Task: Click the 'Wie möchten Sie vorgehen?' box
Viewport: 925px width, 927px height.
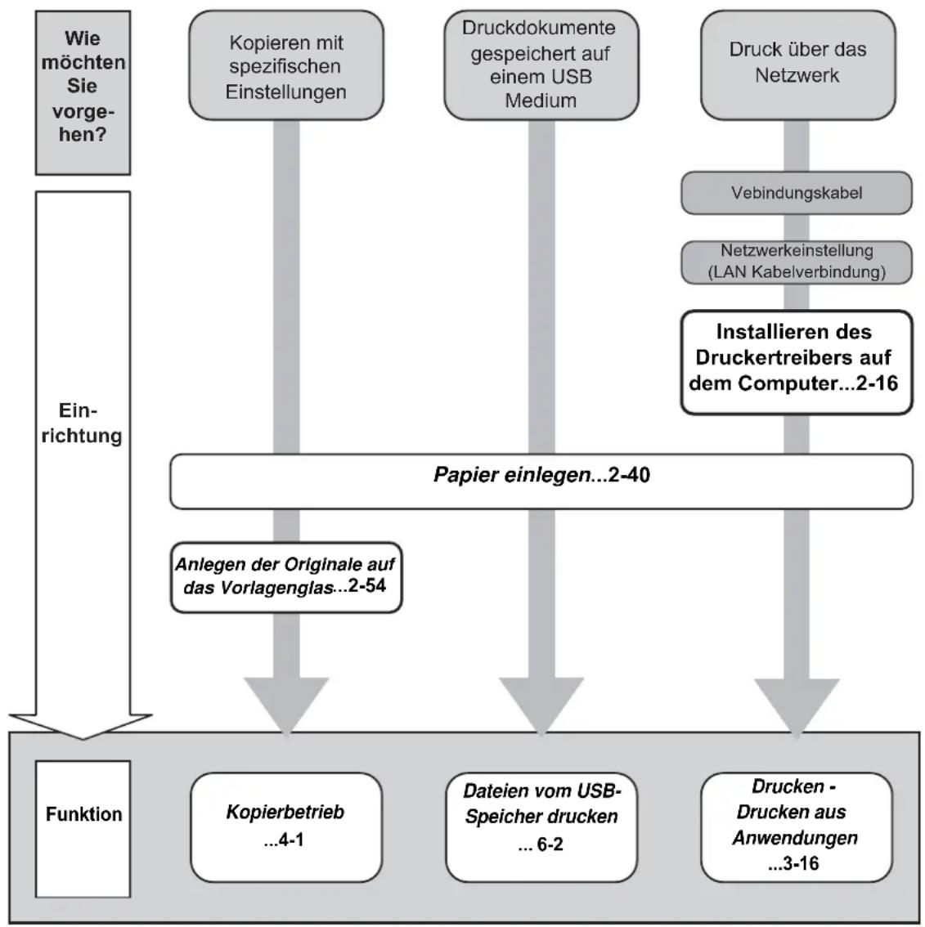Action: pos(83,93)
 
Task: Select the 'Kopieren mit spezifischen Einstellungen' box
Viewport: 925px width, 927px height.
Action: pos(286,65)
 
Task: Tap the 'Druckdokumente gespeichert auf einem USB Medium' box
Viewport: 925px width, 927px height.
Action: pos(541,65)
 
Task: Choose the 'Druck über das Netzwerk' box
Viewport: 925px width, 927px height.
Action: pos(798,65)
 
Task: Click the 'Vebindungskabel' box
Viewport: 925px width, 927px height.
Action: pos(797,193)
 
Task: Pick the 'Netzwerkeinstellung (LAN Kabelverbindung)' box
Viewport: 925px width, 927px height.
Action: pos(797,262)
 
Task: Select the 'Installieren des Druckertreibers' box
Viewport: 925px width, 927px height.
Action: pos(797,362)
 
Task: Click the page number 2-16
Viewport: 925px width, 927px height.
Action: pos(877,383)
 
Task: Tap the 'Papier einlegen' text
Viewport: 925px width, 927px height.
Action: pos(512,475)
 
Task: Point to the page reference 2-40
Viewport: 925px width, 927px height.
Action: pos(629,475)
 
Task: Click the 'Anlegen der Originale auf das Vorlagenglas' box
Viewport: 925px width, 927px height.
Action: pos(286,577)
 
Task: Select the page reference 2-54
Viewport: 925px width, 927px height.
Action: pos(367,586)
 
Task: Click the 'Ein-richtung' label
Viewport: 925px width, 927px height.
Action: pos(82,423)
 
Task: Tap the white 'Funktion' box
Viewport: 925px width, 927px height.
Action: pos(83,829)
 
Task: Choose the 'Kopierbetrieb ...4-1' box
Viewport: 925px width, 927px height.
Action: pos(286,827)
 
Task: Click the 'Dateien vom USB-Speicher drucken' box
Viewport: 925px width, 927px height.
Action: pos(541,827)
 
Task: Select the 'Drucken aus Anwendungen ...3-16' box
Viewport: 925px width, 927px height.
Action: pos(797,827)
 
